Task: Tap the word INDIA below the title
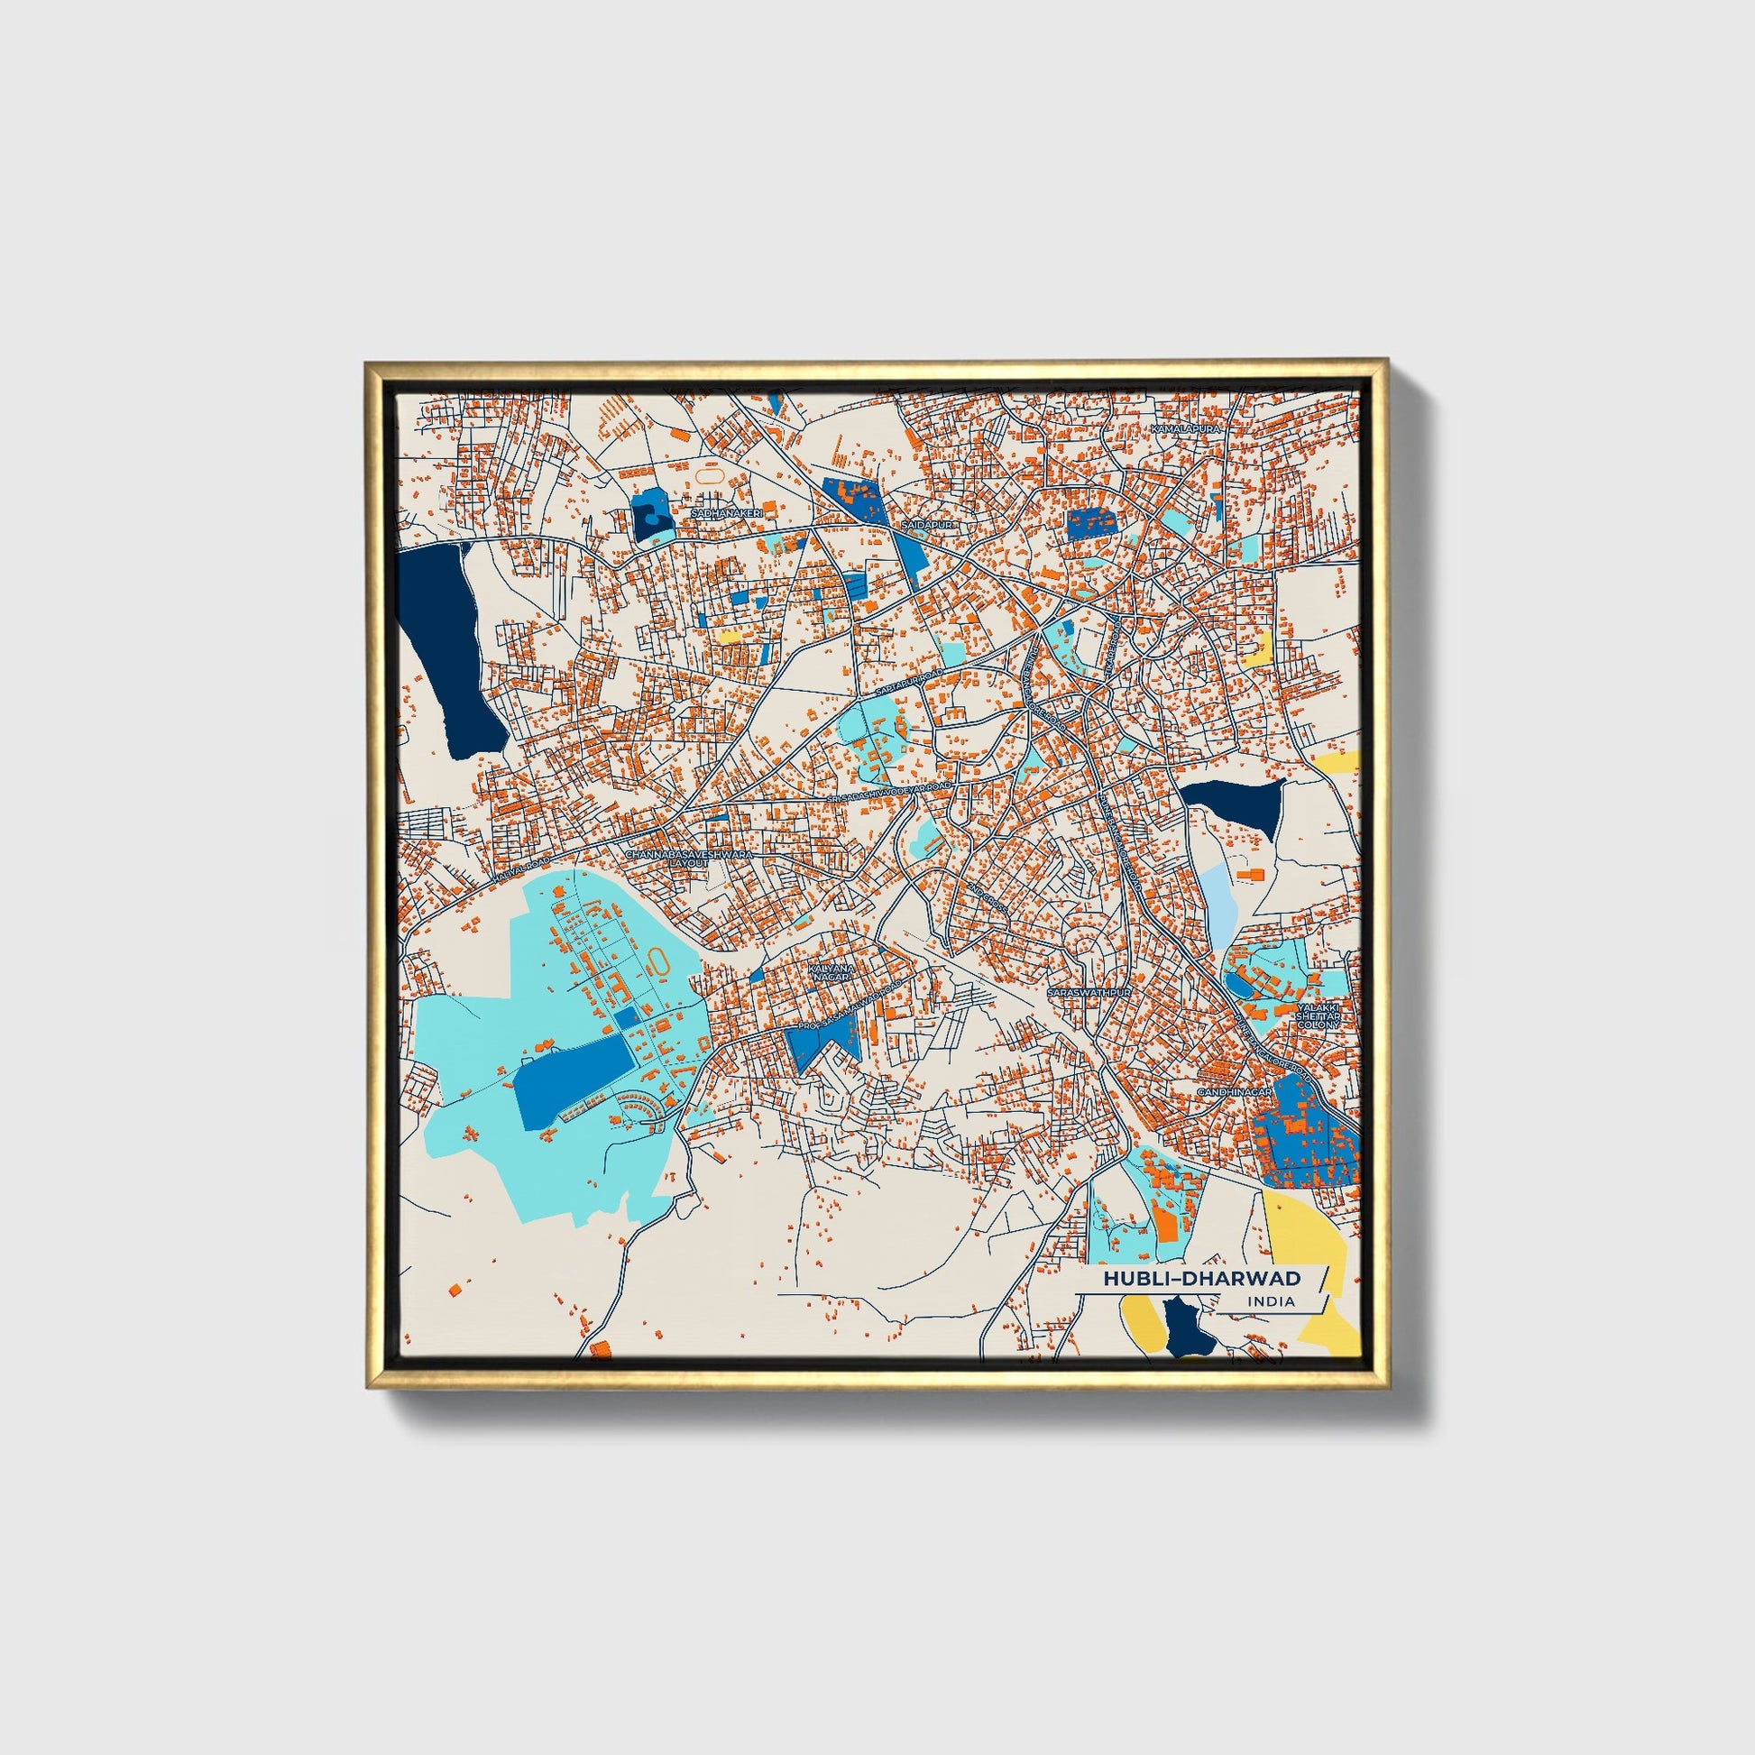(x=1272, y=1301)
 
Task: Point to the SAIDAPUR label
(x=924, y=525)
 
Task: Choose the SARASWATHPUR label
(x=1090, y=994)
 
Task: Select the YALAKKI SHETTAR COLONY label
(x=1319, y=1015)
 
